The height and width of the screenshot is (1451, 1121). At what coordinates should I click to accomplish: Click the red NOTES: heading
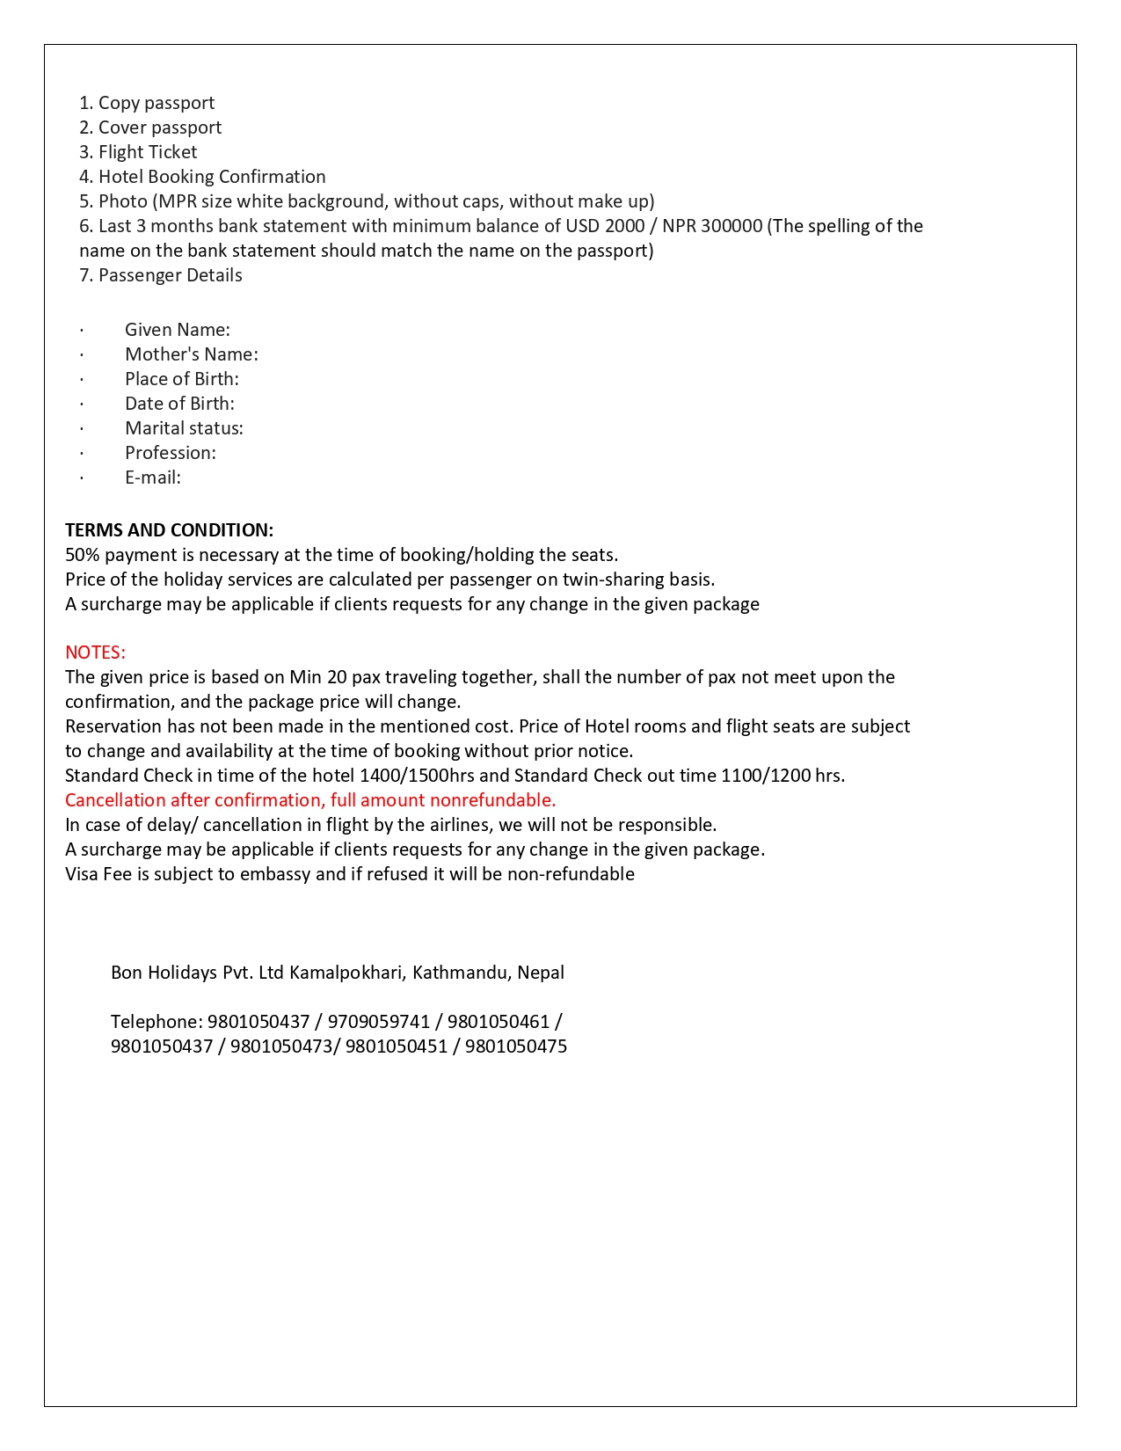(x=95, y=653)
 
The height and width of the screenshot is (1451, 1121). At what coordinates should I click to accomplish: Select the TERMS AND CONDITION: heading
(x=169, y=530)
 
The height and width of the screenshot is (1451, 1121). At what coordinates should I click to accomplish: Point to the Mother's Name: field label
(x=191, y=354)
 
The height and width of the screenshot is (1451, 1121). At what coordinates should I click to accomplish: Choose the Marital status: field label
(x=184, y=428)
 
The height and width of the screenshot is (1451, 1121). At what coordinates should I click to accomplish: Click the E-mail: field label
(x=152, y=478)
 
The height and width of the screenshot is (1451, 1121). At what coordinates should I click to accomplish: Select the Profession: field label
(x=170, y=453)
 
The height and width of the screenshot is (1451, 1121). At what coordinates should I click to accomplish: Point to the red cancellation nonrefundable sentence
(x=310, y=800)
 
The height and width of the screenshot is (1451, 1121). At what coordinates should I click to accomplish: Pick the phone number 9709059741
(x=378, y=1022)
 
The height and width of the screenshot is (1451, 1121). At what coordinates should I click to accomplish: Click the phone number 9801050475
(x=515, y=1046)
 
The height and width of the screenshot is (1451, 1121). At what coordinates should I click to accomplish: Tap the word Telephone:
(x=157, y=1022)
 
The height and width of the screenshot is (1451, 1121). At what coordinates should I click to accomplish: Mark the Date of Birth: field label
(x=179, y=404)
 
